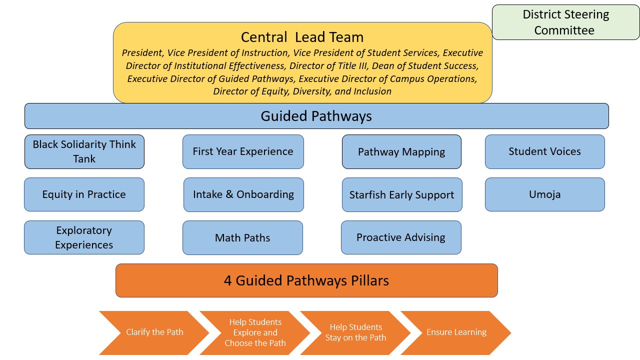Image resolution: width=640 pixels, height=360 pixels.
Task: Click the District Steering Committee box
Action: tap(565, 22)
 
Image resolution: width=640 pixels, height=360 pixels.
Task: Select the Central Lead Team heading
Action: tap(302, 37)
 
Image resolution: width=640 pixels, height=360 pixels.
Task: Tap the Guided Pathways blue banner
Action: tap(316, 116)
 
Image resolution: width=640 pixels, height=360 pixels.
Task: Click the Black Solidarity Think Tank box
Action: tap(84, 151)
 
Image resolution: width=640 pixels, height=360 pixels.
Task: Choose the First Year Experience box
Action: tap(243, 151)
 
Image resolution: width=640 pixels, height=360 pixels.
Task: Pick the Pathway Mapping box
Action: tap(401, 152)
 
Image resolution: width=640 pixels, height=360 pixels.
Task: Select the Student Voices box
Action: tap(544, 151)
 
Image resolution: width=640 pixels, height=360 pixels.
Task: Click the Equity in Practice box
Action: tap(84, 194)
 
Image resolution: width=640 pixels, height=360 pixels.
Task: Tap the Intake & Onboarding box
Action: tap(243, 194)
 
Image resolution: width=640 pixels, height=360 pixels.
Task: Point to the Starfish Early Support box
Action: tap(401, 195)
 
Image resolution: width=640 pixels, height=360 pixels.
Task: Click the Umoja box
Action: tap(544, 194)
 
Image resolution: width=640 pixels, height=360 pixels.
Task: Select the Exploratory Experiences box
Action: tap(84, 237)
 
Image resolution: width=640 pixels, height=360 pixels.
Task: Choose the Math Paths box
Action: tap(242, 238)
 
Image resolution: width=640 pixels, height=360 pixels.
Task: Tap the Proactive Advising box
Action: tap(401, 237)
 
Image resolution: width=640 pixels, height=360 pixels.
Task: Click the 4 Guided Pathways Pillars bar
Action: tap(306, 280)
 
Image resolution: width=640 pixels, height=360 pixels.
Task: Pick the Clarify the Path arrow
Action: tap(154, 332)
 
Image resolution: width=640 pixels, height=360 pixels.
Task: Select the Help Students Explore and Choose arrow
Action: tap(255, 332)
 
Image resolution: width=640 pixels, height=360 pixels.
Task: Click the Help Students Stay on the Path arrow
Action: tap(355, 332)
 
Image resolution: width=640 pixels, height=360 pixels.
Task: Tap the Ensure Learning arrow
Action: tap(456, 332)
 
